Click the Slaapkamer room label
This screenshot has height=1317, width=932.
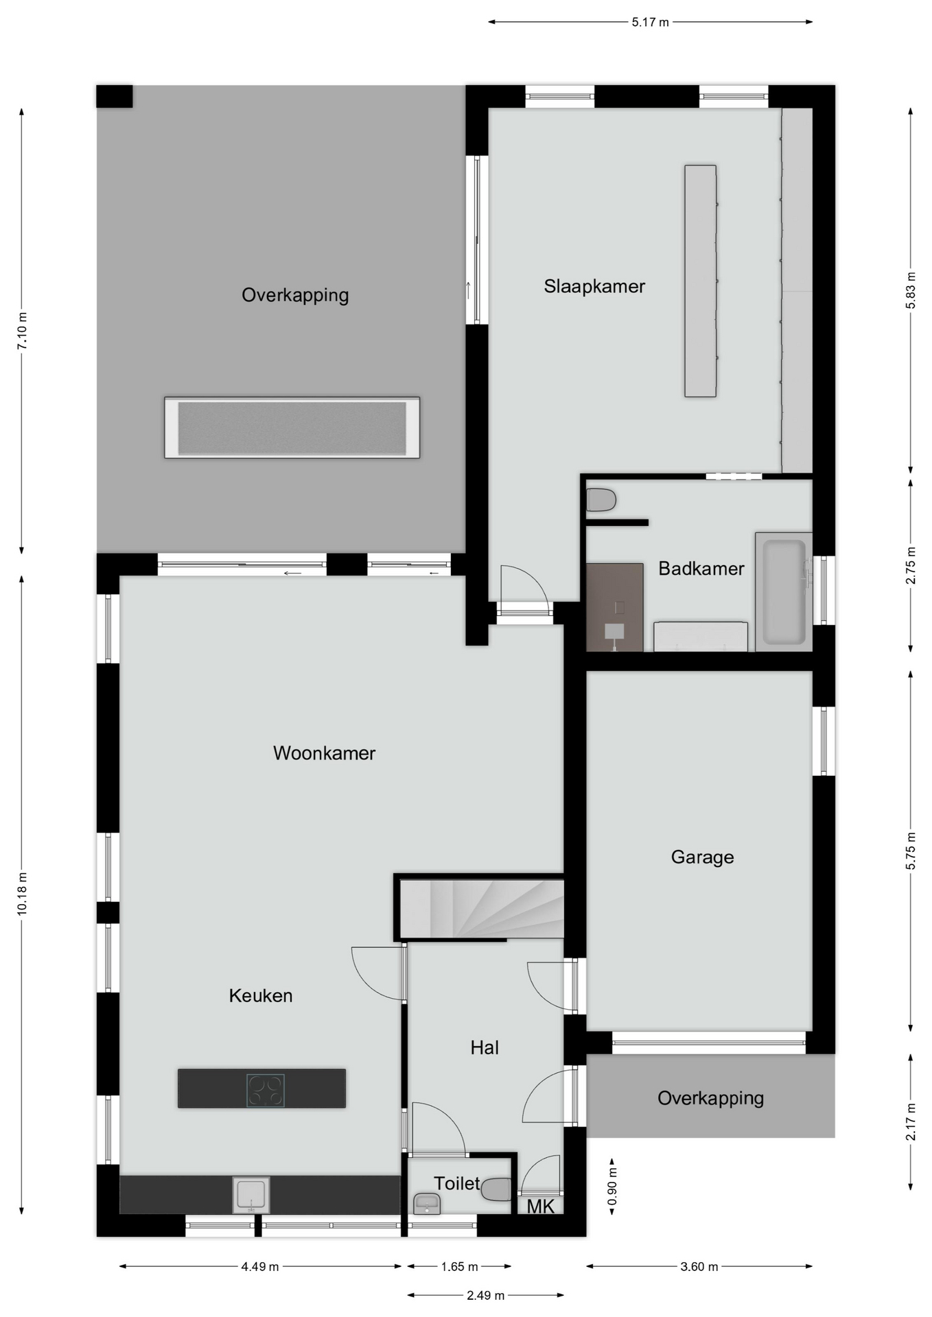click(x=594, y=287)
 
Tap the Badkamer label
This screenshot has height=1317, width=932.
click(x=701, y=569)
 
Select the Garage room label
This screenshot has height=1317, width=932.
click(x=702, y=857)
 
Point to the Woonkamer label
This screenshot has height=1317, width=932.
click(x=324, y=753)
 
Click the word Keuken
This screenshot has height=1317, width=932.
click(x=261, y=995)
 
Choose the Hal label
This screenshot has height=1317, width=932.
click(x=485, y=1047)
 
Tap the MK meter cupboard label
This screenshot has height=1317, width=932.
click(x=540, y=1207)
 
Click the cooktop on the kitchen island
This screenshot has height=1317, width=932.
click(x=266, y=1090)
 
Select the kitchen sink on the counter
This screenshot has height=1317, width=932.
click(x=251, y=1195)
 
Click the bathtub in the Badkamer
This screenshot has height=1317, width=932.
click(x=784, y=591)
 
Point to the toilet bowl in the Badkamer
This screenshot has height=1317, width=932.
click(x=601, y=500)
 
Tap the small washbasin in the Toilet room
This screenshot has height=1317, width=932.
click(x=427, y=1204)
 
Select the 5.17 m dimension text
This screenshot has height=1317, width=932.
click(x=650, y=23)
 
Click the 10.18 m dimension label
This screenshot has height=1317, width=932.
click(x=22, y=894)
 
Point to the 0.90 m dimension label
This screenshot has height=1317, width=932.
click(x=612, y=1187)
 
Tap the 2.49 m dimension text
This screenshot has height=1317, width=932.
click(x=485, y=1296)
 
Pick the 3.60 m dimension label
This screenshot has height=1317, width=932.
click(x=699, y=1267)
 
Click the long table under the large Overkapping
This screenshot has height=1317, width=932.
click(x=292, y=427)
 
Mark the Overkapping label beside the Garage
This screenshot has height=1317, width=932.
click(x=710, y=1098)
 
